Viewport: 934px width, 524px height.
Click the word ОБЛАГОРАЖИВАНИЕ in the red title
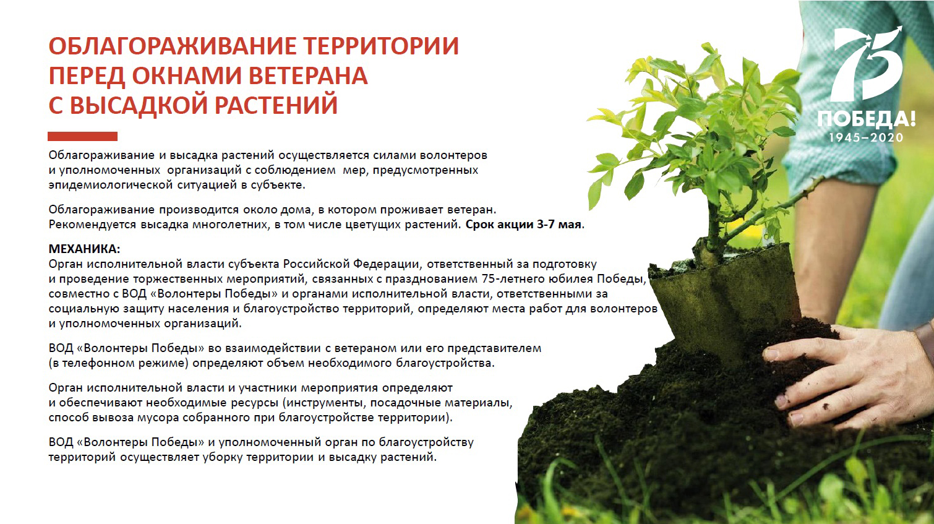click(x=172, y=46)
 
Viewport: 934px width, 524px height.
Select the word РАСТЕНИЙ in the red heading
click(x=276, y=105)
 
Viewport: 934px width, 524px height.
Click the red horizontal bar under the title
click(x=82, y=137)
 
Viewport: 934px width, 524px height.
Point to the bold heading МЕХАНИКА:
click(x=84, y=249)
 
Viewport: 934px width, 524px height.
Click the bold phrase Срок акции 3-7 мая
click(x=525, y=225)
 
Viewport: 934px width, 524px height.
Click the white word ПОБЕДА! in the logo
click(x=867, y=119)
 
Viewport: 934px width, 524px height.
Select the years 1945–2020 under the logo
click(x=866, y=138)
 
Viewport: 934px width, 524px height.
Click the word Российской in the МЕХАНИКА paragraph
click(x=316, y=264)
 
